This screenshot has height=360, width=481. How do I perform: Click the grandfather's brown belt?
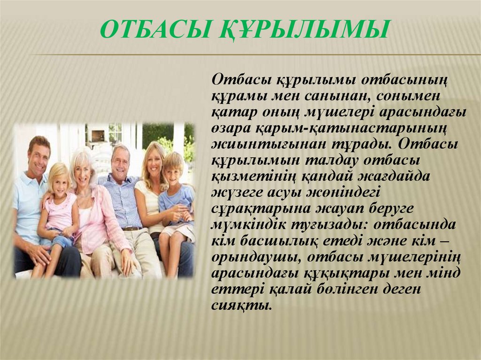[x=131, y=229]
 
